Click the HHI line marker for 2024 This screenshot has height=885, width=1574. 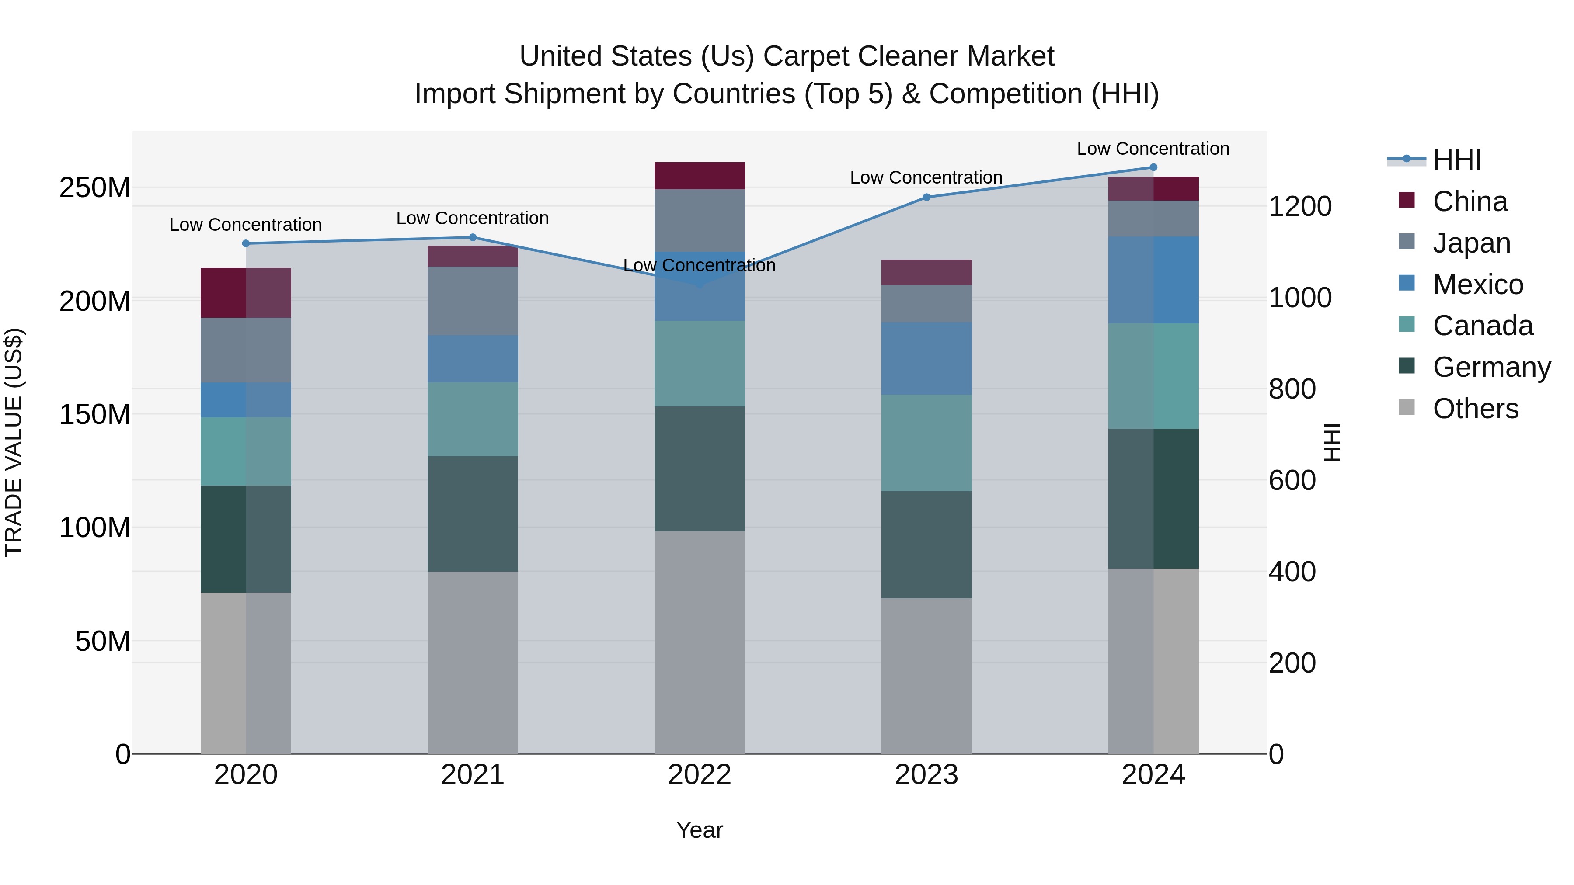[1153, 167]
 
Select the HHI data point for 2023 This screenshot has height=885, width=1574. [926, 197]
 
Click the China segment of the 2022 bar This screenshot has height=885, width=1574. [699, 176]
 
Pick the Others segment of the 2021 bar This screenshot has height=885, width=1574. [472, 662]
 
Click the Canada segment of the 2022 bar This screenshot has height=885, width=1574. [699, 364]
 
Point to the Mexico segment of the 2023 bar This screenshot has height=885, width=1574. [926, 358]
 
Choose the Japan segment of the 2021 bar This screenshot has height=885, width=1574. [472, 301]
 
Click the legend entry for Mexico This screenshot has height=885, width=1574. [1477, 285]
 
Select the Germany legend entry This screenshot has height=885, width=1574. [1491, 367]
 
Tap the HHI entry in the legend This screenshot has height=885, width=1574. [1457, 160]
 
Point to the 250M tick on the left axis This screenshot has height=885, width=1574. [95, 187]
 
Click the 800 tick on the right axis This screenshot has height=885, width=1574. [1292, 389]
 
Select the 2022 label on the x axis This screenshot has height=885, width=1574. [699, 775]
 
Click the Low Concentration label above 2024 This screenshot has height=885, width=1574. [1153, 149]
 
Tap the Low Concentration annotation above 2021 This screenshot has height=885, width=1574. [472, 218]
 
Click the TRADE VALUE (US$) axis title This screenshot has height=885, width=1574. [14, 442]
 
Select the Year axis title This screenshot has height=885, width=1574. [699, 830]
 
